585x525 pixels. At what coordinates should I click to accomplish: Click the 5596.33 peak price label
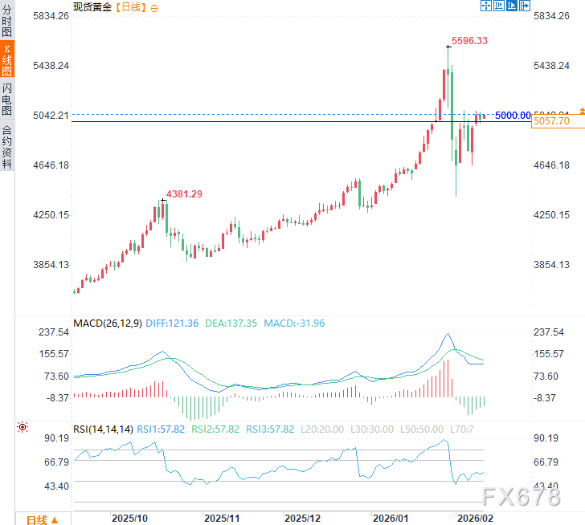[x=470, y=40]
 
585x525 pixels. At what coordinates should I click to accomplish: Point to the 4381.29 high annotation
[x=185, y=193]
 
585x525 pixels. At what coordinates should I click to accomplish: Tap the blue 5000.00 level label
[x=512, y=116]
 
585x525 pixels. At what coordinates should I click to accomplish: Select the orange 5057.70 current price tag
[x=551, y=121]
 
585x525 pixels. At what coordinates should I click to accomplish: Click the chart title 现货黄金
[x=92, y=6]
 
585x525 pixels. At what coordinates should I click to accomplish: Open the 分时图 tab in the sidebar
[x=7, y=21]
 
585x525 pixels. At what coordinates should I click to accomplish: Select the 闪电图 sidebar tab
[x=7, y=99]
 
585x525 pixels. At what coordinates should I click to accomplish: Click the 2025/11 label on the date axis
[x=223, y=519]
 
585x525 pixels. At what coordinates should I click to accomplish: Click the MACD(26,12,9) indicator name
[x=107, y=324]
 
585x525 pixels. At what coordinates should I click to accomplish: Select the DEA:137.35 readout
[x=230, y=324]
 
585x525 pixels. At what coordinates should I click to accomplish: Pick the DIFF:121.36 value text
[x=172, y=324]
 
